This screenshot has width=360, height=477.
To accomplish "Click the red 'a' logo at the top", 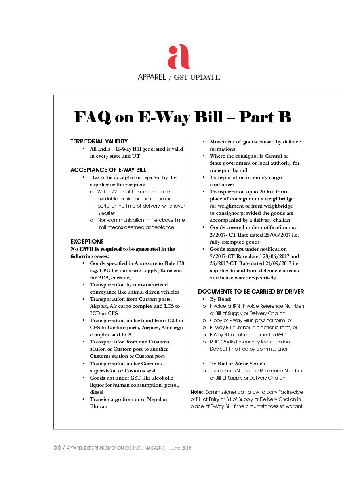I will click(x=179, y=56).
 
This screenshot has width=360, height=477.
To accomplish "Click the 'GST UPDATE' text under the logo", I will click(x=197, y=77).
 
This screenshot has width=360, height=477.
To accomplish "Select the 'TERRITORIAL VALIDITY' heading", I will click(x=99, y=141).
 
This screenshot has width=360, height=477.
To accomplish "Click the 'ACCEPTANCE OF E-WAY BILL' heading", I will click(x=108, y=170).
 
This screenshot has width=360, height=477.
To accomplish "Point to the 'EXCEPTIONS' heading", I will click(x=87, y=242).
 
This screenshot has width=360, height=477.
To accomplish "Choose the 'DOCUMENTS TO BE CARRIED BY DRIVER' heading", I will click(x=251, y=292).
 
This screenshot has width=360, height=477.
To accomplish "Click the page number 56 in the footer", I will click(x=57, y=448).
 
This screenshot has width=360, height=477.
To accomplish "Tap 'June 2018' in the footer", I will click(x=181, y=448).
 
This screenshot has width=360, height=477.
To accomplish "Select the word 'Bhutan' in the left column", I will click(x=99, y=406).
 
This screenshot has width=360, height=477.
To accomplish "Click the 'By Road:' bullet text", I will click(x=221, y=299).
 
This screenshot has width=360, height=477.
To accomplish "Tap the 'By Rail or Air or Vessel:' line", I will click(x=237, y=364).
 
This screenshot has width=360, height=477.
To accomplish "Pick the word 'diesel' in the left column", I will click(x=97, y=392).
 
